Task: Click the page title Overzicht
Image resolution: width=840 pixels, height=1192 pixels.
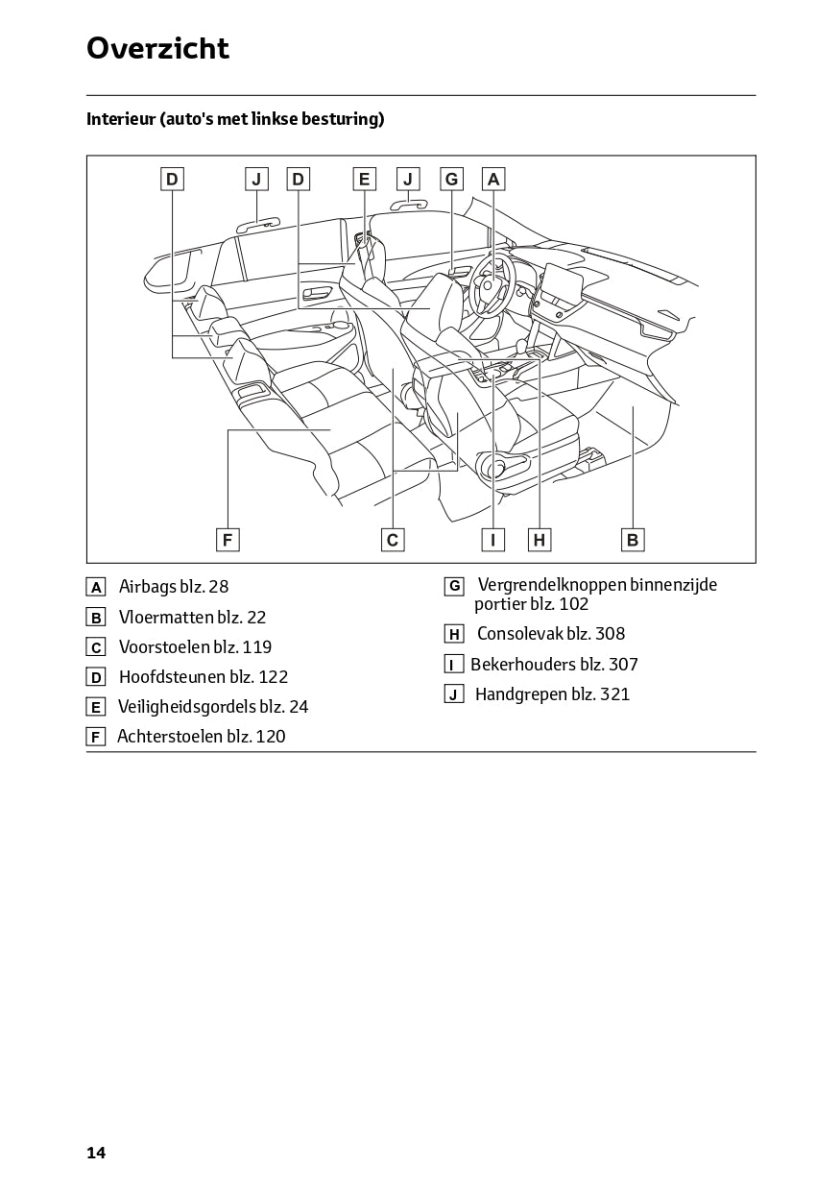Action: [157, 48]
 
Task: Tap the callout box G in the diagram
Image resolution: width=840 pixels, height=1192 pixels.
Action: [451, 179]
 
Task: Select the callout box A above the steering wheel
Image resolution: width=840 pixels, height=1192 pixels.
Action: [493, 179]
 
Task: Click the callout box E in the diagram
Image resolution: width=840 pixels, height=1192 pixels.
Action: [365, 179]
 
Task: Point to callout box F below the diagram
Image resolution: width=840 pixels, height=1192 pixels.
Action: [228, 540]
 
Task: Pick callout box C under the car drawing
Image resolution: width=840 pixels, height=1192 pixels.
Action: [393, 540]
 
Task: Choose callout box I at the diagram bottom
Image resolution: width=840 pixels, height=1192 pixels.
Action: [493, 540]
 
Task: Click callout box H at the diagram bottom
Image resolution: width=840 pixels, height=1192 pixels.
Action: [540, 540]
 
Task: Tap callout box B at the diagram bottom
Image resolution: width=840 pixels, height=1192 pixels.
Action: [633, 540]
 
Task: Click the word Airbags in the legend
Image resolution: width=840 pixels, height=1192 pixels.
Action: [148, 587]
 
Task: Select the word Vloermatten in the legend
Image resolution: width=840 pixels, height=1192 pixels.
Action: [159, 618]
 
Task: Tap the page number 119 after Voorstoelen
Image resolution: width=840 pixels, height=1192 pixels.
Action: [257, 647]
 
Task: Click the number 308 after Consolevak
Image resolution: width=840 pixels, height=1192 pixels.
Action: [611, 634]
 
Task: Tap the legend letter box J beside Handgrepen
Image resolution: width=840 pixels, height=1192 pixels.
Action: [454, 694]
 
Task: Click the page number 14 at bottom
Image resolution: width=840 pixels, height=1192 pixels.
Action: [96, 1154]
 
